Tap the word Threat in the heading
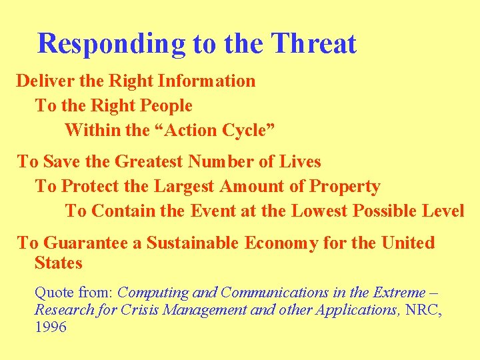click(315, 44)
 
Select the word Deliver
click(39, 81)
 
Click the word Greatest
click(149, 162)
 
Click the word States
click(58, 263)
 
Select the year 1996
click(51, 327)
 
